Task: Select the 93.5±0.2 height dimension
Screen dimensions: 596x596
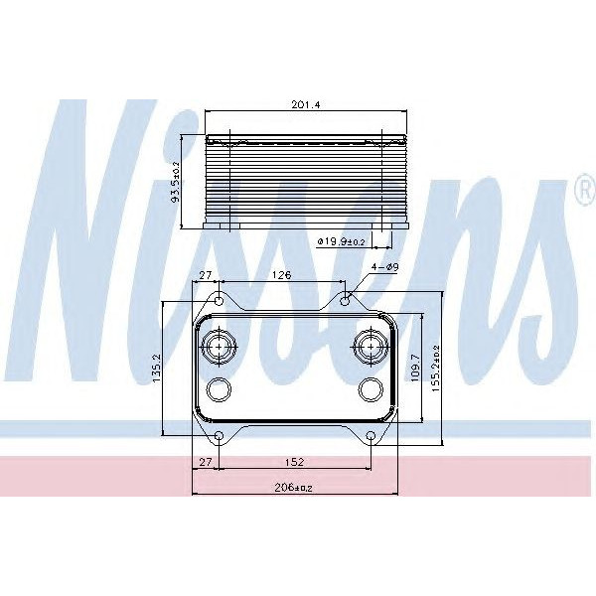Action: point(176,182)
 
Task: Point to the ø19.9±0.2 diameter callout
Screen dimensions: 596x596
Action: point(341,240)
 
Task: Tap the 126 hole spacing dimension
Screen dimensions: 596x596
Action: point(281,276)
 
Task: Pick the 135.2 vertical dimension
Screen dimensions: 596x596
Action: point(170,370)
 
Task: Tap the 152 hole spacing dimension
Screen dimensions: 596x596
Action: point(293,462)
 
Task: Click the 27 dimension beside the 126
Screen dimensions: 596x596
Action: point(206,276)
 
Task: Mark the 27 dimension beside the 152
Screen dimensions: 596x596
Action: point(206,462)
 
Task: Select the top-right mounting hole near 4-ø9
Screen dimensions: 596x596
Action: point(345,298)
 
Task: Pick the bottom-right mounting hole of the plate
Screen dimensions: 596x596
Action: point(371,436)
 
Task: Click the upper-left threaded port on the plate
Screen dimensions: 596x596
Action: point(218,347)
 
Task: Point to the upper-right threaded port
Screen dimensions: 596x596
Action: point(370,347)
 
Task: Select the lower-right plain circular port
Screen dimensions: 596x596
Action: point(370,388)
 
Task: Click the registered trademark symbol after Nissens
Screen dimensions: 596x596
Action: point(583,189)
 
